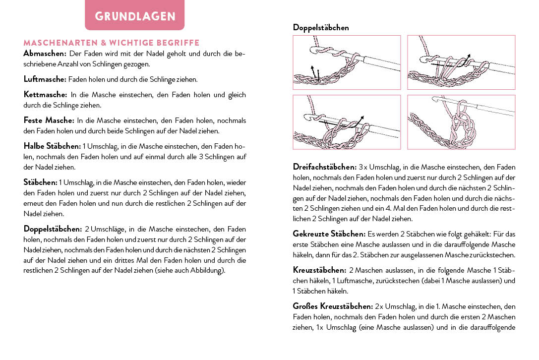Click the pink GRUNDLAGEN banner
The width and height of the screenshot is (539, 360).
tap(134, 16)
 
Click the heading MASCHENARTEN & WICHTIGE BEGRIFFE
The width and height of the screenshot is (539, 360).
tap(111, 43)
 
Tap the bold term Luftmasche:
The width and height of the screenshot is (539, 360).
tap(45, 79)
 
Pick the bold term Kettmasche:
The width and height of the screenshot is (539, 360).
tap(45, 94)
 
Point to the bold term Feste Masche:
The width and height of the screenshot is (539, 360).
tap(49, 120)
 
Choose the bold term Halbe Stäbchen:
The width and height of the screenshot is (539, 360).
tap(52, 146)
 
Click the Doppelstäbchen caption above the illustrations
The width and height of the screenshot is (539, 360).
tap(321, 28)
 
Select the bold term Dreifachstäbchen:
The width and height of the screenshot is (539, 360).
tap(324, 167)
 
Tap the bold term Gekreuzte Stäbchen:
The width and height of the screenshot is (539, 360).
tap(329, 233)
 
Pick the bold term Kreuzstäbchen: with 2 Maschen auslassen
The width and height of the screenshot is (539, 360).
tap(319, 270)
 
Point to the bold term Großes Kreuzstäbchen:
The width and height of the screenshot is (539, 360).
tap(332, 306)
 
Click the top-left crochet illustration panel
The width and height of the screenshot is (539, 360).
tap(347, 62)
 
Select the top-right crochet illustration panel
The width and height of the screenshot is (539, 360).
tap(461, 62)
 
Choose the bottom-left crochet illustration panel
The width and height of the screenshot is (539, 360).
tap(347, 122)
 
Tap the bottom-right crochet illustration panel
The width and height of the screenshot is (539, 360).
tap(461, 122)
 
